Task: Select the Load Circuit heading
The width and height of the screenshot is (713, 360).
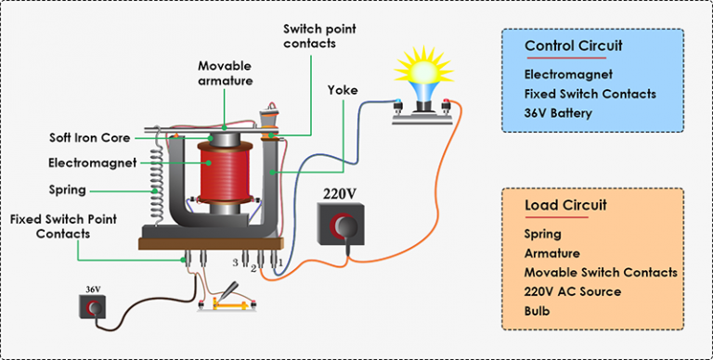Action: pyautogui.click(x=561, y=206)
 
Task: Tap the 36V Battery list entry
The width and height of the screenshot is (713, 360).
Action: pyautogui.click(x=557, y=114)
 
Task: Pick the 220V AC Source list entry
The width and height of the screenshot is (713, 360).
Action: pyautogui.click(x=573, y=291)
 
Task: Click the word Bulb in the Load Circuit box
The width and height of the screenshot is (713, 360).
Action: pyautogui.click(x=538, y=311)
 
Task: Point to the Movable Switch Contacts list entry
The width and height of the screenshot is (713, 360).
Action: pyautogui.click(x=600, y=273)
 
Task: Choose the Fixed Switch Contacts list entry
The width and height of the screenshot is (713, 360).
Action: pyautogui.click(x=590, y=94)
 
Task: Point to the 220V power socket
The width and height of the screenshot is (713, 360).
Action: pyautogui.click(x=342, y=225)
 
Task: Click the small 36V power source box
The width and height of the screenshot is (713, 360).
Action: pyautogui.click(x=93, y=308)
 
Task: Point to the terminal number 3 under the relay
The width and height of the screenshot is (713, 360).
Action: pyautogui.click(x=236, y=263)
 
